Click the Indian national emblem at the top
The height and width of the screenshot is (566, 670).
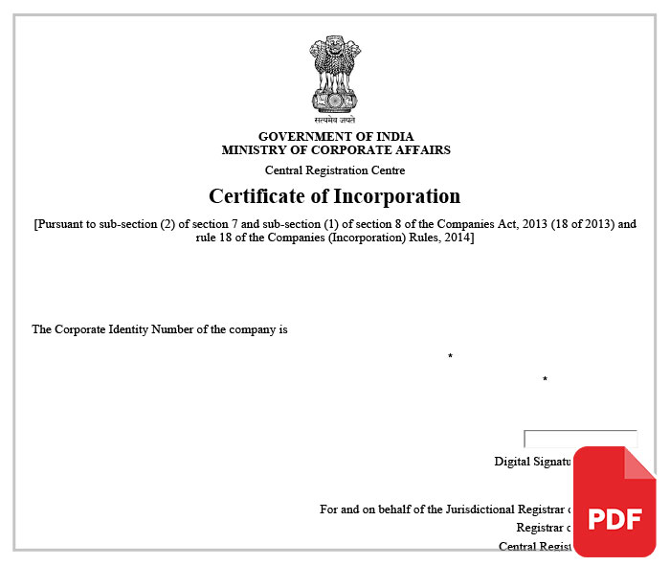tap(335, 75)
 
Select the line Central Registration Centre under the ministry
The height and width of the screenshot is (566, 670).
tap(335, 170)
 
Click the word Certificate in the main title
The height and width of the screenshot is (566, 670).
tap(256, 196)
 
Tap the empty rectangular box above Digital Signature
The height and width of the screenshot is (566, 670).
tap(580, 439)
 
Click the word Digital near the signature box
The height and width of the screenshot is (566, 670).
tap(513, 462)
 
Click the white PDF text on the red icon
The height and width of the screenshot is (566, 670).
tap(614, 519)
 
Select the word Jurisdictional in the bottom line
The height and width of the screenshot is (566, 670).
tap(480, 509)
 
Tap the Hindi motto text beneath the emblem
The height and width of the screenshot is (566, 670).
tap(335, 122)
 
